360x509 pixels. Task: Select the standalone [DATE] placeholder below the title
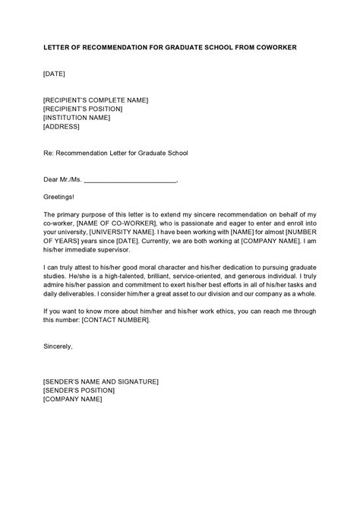pos(54,74)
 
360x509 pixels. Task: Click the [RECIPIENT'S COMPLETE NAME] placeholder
pos(96,100)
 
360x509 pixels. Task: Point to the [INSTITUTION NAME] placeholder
pos(77,118)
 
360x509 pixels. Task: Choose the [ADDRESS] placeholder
pos(62,127)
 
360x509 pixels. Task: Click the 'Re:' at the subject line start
pos(49,153)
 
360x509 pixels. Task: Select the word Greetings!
pos(60,197)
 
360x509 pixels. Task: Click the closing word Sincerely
pos(58,346)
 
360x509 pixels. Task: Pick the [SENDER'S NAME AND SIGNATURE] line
pos(101,381)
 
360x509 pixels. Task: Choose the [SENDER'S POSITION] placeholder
pos(81,390)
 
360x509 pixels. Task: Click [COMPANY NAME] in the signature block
pos(72,399)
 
